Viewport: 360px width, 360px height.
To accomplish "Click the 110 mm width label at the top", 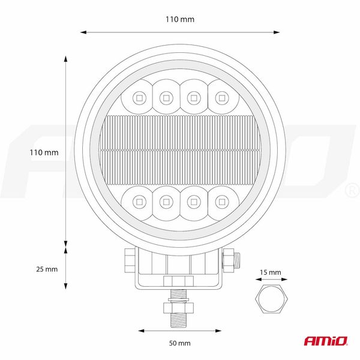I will click(x=180, y=19).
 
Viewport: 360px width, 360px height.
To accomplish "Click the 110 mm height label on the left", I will click(x=44, y=152).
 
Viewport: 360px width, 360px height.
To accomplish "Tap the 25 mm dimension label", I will click(x=47, y=269).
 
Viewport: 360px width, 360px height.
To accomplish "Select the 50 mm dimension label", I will click(x=180, y=343).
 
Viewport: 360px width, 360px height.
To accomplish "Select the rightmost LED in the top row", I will click(x=222, y=96).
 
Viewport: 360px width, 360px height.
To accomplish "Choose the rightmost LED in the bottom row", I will click(x=222, y=202).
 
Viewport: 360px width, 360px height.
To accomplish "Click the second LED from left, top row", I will click(x=166, y=96).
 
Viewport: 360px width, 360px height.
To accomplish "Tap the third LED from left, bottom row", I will click(x=194, y=202).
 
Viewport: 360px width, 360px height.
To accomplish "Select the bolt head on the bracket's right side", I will click(x=231, y=260).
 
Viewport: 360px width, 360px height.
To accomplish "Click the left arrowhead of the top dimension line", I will click(x=82, y=32).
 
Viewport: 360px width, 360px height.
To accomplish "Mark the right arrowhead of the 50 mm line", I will click(x=218, y=330).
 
